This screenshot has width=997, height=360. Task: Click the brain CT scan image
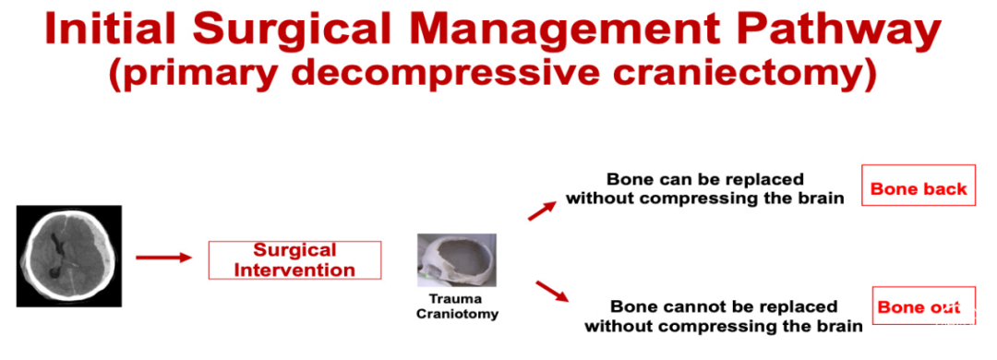pyautogui.click(x=68, y=256)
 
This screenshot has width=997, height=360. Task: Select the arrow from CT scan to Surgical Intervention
pyautogui.click(x=163, y=257)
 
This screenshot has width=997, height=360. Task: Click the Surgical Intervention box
pyautogui.click(x=295, y=260)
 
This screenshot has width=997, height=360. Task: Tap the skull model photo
pyautogui.click(x=457, y=260)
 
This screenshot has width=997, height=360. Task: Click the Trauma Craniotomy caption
pyautogui.click(x=457, y=306)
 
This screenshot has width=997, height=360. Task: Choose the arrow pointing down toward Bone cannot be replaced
pyautogui.click(x=552, y=290)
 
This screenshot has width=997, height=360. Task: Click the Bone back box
pyautogui.click(x=919, y=186)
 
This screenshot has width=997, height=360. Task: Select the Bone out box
pyautogui.click(x=923, y=306)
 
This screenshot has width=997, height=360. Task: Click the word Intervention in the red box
pyautogui.click(x=295, y=269)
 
